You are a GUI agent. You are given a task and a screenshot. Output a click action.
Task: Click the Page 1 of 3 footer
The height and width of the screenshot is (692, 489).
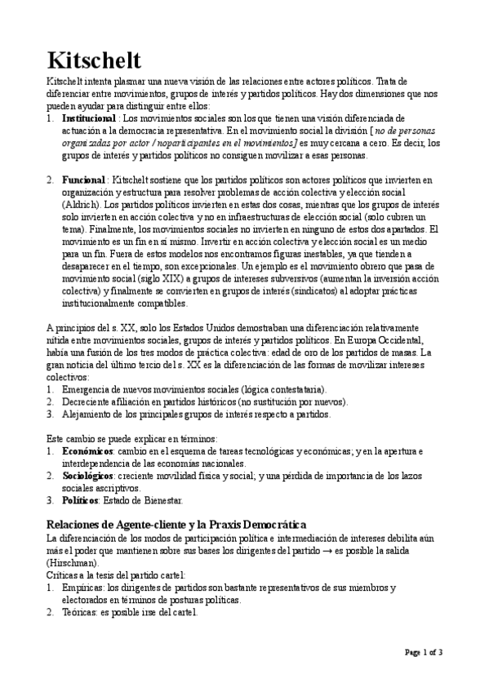point(425,652)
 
